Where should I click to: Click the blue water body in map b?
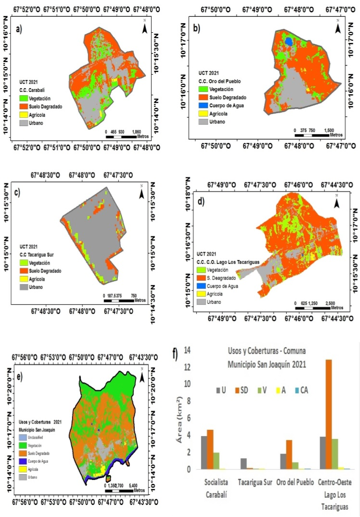point(289,41)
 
